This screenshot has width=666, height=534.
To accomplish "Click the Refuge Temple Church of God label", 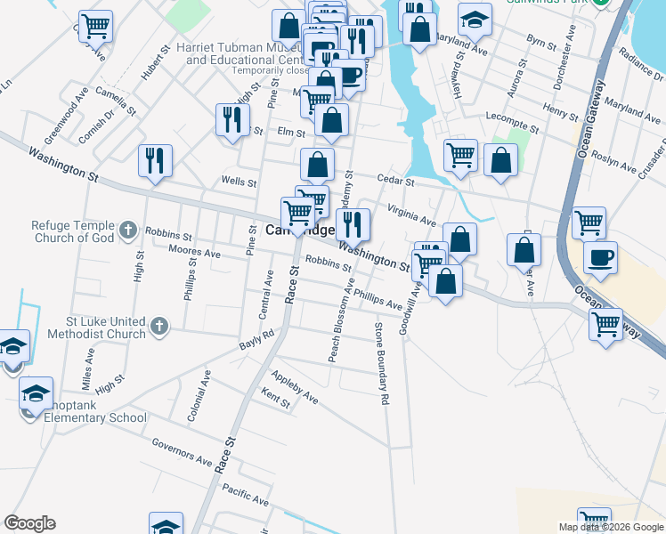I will point(61,231).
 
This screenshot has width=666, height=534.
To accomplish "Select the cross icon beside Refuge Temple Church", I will point(128,231).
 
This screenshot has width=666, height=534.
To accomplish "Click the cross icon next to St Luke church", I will point(159,327).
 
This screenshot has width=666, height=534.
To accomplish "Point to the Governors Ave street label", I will point(182,453).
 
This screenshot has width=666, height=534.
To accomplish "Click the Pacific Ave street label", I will point(245,496).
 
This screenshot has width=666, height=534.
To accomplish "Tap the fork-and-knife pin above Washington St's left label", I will point(155,161).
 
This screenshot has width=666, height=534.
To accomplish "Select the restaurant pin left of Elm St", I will point(231,119).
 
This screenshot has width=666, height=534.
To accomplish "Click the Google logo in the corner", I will point(29,523).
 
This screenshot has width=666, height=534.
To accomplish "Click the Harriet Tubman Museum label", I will point(239,53).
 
